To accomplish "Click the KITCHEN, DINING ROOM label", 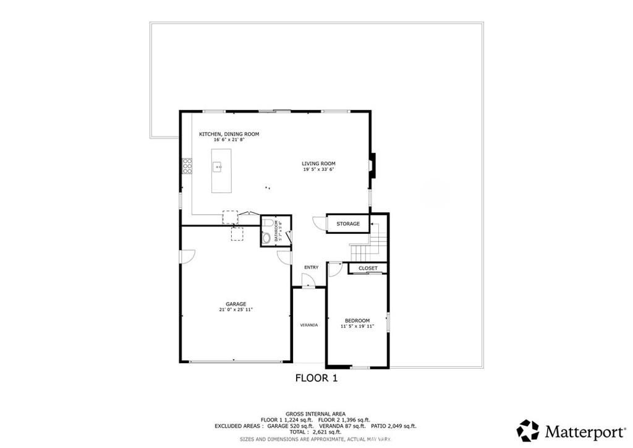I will tap(229, 134).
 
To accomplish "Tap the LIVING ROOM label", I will tap(319, 164).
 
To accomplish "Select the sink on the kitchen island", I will tap(217, 166).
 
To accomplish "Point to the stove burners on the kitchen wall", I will tap(186, 166).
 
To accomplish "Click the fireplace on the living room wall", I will tap(371, 165).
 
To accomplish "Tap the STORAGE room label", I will tap(347, 223).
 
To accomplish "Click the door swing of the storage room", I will tap(318, 223).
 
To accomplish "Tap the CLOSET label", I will tap(368, 268).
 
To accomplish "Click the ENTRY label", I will tap(311, 267).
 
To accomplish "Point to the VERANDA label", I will tap(308, 325).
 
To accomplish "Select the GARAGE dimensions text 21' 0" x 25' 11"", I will tap(236, 309).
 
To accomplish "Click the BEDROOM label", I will tap(357, 321).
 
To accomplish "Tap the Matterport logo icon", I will tap(527, 430).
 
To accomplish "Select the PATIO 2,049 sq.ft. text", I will tap(393, 426).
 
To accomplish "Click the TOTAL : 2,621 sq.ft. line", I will tap(315, 432).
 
